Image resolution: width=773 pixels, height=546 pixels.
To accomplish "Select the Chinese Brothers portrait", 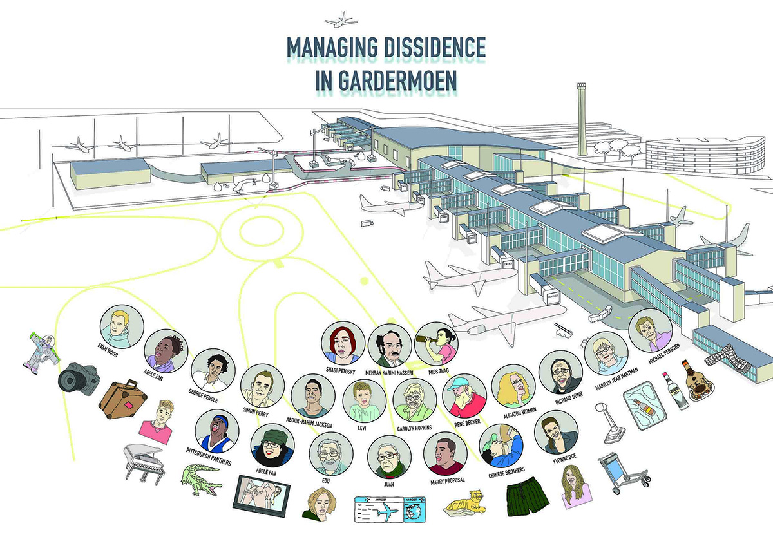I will [x=502, y=445].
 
